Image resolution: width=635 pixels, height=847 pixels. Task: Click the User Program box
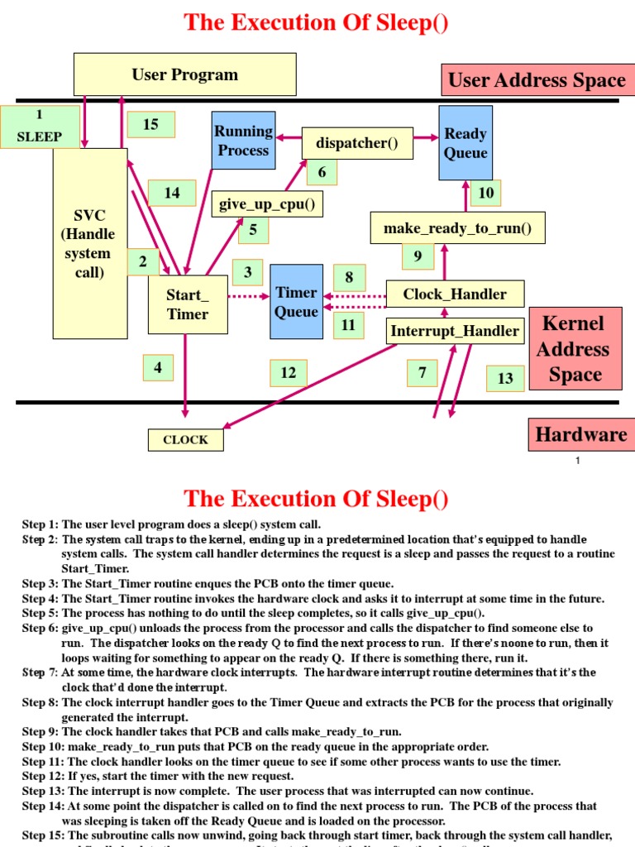[x=184, y=74]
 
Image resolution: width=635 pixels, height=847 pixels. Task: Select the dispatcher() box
[x=357, y=143]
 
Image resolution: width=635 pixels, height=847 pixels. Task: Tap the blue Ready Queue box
[x=465, y=143]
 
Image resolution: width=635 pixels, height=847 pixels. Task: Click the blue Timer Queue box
[x=296, y=302]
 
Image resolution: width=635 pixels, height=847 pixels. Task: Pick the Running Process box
[x=243, y=141]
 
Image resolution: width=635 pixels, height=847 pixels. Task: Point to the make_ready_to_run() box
[x=457, y=227]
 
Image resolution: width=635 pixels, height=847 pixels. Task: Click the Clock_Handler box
[x=455, y=294]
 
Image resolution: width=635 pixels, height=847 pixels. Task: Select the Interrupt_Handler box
[x=455, y=331]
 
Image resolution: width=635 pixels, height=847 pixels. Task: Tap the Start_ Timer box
[x=188, y=304]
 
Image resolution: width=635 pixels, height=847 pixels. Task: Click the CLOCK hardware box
[x=186, y=439]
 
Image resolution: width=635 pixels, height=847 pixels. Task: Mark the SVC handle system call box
[x=90, y=243]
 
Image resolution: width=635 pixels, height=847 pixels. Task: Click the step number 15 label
[x=150, y=124]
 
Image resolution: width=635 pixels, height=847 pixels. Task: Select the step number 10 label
[x=486, y=193]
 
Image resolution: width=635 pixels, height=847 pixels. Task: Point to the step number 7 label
[x=422, y=373]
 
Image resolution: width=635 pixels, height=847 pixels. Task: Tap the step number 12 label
[x=288, y=373]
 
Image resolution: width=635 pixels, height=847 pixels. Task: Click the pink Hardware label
[x=580, y=434]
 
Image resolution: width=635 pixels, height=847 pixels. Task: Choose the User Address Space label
[x=537, y=80]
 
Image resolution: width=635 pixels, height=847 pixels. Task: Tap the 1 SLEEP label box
[x=39, y=127]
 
